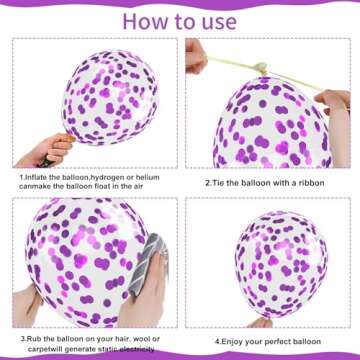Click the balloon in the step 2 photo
tap(270, 125)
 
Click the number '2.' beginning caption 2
tap(208, 182)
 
